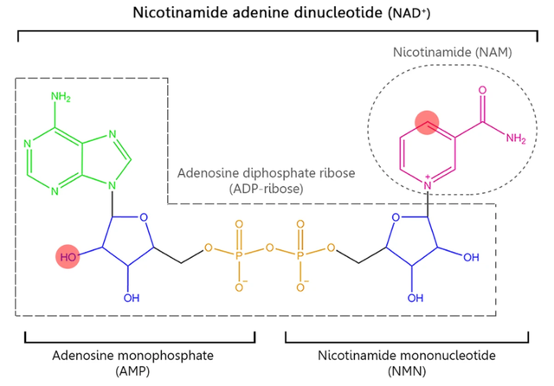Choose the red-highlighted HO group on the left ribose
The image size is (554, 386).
[x=68, y=257]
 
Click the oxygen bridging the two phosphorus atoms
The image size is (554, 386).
[x=269, y=248]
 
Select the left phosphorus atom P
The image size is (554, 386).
[x=239, y=257]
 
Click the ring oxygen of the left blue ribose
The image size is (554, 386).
[x=143, y=217]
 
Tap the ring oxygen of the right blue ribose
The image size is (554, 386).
[x=393, y=217]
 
